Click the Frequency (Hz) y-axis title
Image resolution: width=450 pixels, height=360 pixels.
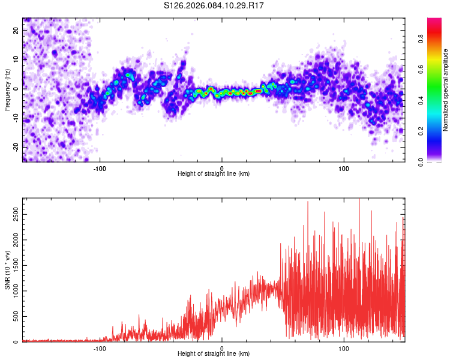7,89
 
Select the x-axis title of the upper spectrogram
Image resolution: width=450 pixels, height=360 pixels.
214,174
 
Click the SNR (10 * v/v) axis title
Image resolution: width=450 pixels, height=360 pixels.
7,271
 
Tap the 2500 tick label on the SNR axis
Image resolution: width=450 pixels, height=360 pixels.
13,214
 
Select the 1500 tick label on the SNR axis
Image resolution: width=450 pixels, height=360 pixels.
13,265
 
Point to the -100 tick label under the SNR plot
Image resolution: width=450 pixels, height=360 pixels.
100,348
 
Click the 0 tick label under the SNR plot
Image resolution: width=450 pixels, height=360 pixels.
222,348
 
